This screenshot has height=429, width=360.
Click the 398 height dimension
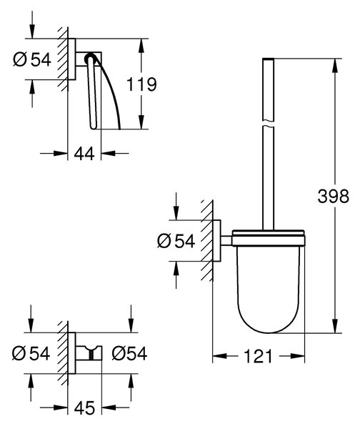333,196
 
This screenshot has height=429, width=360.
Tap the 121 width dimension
258,356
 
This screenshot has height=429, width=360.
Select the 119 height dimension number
141,84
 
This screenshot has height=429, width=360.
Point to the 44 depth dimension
84,153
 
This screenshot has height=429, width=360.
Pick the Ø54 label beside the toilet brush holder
176,241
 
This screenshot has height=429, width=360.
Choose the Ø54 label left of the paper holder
32,59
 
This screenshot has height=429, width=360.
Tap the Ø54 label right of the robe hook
129,353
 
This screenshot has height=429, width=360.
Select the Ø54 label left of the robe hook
31,353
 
